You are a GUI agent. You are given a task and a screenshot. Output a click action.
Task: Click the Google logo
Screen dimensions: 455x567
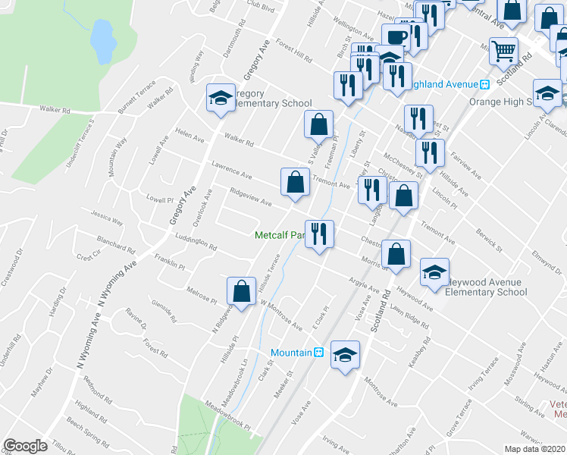26,446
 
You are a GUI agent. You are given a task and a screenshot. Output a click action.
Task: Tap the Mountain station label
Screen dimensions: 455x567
292,353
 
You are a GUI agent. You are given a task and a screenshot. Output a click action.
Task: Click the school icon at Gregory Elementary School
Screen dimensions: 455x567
221,98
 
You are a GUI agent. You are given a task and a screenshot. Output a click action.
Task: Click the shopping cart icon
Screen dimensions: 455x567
503,51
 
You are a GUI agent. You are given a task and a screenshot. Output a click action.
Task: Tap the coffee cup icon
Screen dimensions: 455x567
396,37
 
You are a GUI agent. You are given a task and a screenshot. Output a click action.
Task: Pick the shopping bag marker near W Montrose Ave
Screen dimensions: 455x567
241,290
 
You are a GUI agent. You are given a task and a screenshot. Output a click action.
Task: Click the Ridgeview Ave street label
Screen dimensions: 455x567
251,199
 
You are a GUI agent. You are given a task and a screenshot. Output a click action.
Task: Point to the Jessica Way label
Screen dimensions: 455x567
107,219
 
